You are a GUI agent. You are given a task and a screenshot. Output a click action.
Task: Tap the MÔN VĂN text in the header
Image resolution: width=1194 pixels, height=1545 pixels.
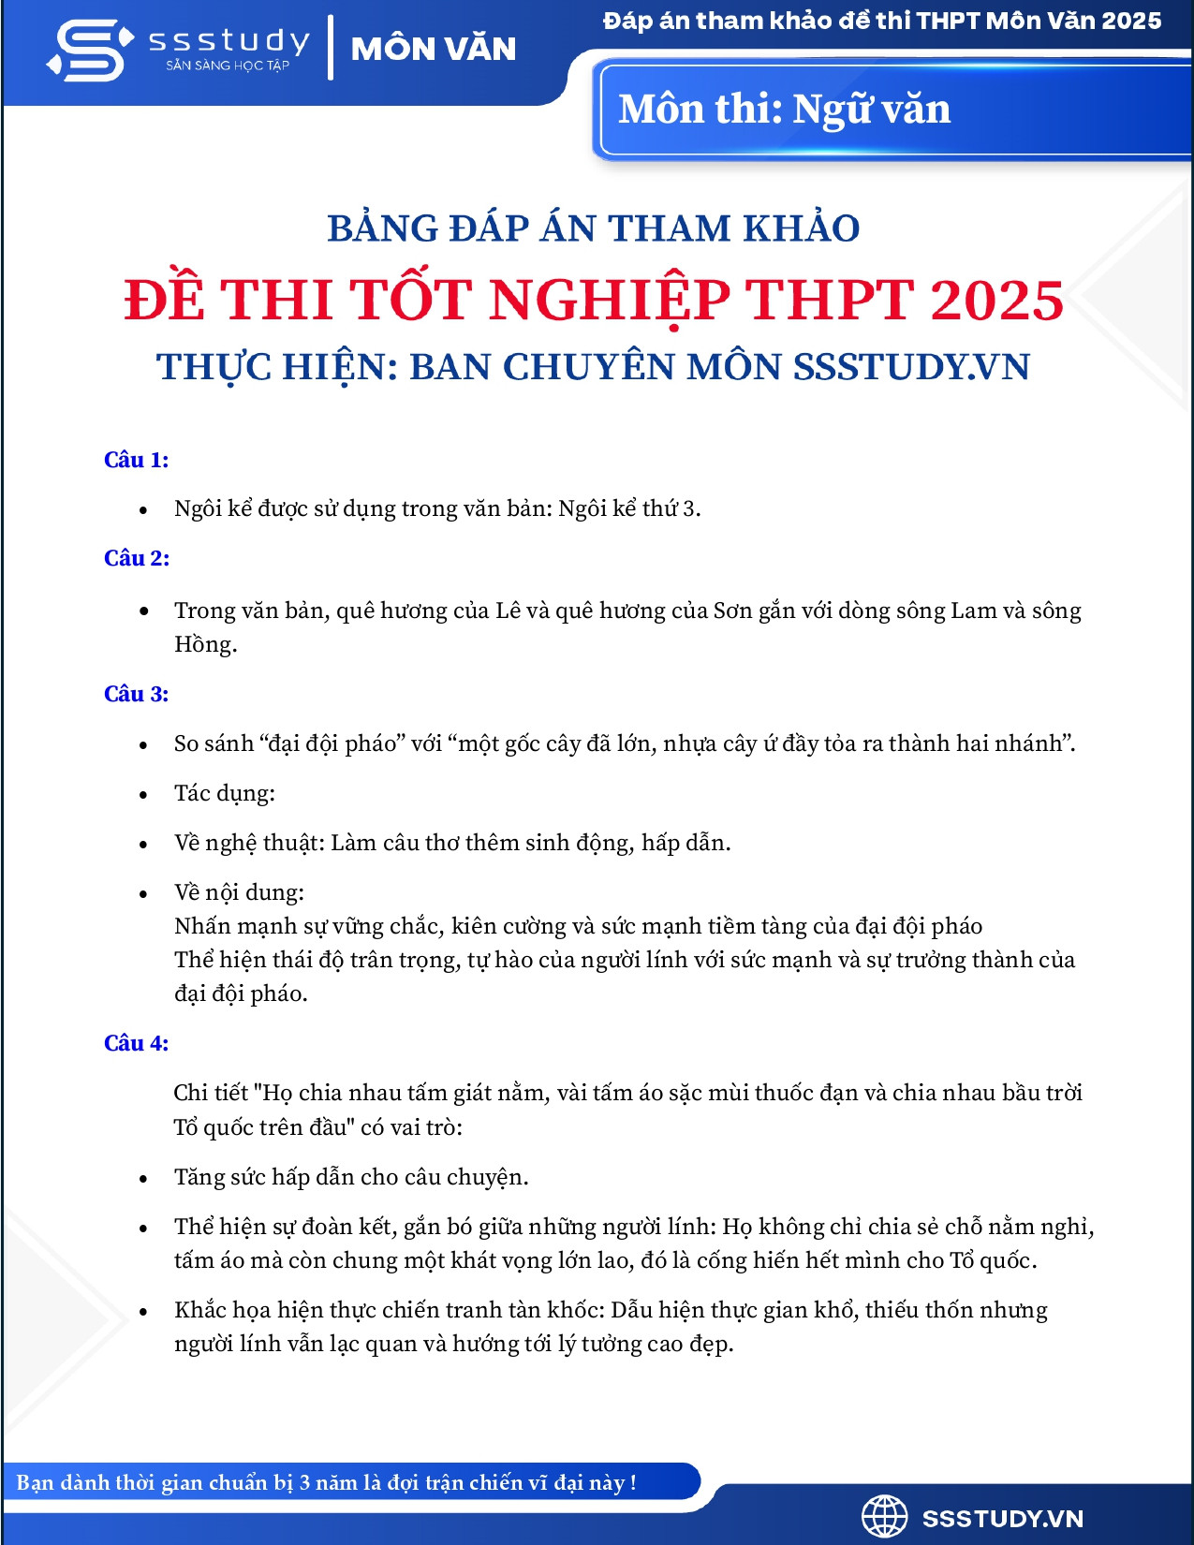(x=434, y=49)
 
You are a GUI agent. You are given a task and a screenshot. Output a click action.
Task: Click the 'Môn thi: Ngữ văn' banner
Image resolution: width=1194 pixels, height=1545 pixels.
(x=784, y=110)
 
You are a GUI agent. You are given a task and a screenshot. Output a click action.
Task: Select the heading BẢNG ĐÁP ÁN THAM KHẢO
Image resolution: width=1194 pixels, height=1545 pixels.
(x=593, y=228)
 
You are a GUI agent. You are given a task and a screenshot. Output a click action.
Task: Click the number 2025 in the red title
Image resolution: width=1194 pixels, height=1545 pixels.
(x=996, y=301)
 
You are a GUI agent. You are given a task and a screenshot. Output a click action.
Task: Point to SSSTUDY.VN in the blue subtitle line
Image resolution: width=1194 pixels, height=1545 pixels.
(x=911, y=367)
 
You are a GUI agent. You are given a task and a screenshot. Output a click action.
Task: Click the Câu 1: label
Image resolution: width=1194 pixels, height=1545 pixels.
(x=136, y=460)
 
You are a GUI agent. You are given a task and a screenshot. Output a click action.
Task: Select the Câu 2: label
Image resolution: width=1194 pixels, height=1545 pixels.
(x=136, y=558)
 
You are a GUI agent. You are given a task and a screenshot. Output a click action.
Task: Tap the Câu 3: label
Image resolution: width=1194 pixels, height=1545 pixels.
(x=136, y=694)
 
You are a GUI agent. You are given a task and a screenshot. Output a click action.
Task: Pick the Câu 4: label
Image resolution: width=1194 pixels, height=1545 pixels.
(x=136, y=1043)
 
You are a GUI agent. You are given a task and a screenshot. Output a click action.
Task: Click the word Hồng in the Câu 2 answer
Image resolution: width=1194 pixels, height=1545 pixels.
(x=204, y=644)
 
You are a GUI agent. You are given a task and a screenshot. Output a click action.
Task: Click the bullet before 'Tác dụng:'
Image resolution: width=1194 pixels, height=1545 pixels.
(x=143, y=795)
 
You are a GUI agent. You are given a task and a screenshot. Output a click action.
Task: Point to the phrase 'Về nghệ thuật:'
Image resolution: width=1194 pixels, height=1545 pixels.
(x=249, y=843)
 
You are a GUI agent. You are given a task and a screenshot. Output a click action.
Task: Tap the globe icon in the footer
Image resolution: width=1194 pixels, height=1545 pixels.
(x=884, y=1516)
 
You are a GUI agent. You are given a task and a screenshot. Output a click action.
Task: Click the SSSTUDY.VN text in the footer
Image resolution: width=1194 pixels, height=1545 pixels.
(x=1002, y=1519)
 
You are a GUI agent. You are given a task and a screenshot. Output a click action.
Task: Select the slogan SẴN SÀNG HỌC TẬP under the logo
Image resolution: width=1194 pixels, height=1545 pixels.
(x=228, y=66)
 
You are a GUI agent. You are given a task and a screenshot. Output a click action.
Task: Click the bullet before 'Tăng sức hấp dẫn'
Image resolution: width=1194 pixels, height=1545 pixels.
(x=143, y=1179)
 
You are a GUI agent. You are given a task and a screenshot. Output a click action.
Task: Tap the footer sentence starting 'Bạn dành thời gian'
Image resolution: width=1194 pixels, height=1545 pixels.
(x=326, y=1482)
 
